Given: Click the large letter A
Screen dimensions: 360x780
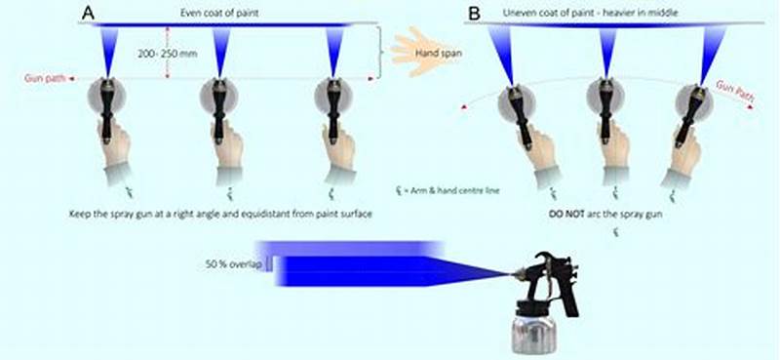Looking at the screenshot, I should (x=89, y=13).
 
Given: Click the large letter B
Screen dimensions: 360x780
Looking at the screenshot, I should (x=474, y=14).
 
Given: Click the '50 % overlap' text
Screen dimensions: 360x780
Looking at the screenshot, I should (x=233, y=263).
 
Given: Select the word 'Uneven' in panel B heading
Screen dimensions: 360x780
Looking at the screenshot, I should (x=522, y=12).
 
